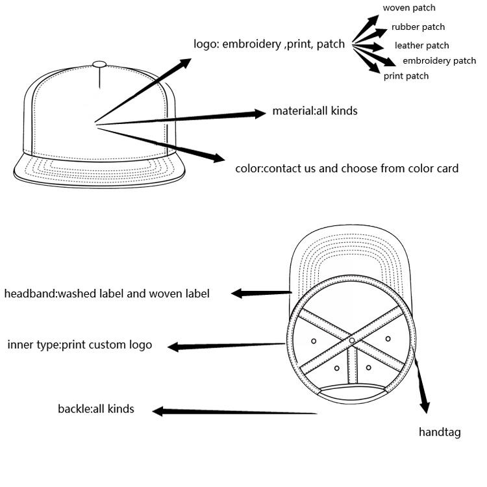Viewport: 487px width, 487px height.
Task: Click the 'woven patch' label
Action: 408,8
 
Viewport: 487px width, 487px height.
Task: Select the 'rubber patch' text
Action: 418,27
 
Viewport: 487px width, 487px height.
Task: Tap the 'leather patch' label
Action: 422,45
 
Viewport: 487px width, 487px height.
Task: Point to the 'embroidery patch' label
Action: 439,60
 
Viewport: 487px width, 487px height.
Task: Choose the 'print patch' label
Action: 406,76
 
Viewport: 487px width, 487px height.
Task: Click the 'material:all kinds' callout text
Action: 315,111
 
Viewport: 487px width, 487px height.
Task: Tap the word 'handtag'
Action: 440,432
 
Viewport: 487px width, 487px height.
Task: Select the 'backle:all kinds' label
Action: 96,408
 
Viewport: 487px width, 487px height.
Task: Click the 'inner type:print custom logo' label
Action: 80,345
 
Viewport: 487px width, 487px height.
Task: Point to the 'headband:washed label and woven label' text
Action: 107,293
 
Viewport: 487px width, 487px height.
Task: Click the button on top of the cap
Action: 99,64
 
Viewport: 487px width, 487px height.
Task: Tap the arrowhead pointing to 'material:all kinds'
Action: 260,114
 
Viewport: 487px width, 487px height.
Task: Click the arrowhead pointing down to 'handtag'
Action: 425,407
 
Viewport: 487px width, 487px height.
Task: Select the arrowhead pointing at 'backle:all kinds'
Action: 158,411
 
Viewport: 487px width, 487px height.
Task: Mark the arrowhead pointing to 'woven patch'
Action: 373,19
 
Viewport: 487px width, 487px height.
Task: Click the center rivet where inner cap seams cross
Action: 351,340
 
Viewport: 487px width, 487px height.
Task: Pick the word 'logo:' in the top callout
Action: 206,44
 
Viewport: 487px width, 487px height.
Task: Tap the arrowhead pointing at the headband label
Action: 237,293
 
